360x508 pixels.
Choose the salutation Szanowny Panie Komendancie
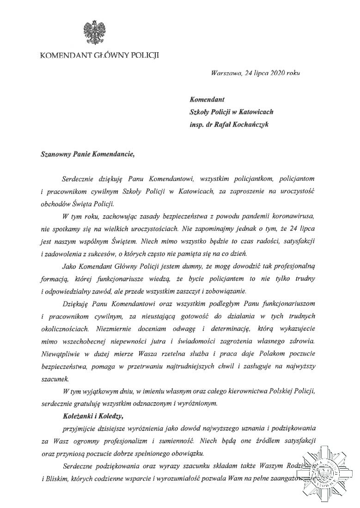pos(87,154)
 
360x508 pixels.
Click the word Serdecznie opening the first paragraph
pos(75,178)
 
